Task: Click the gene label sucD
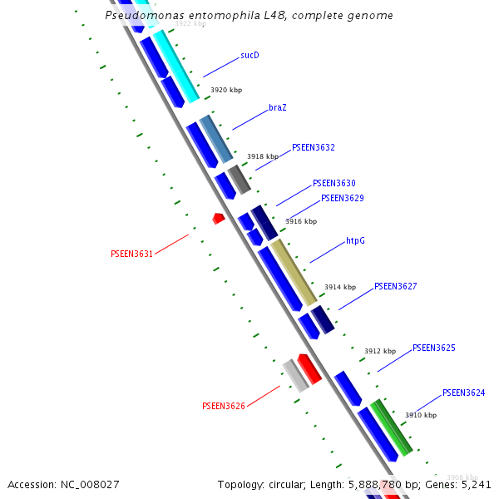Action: [249, 55]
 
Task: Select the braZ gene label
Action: [278, 108]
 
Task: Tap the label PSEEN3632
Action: [313, 147]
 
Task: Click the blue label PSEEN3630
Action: [333, 183]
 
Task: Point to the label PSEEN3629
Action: [342, 198]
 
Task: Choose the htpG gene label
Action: [355, 240]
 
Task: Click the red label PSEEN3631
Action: [131, 254]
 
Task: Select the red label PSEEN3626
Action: [223, 406]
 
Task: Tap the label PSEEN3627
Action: [395, 286]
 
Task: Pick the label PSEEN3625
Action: [433, 348]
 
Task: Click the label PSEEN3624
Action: [463, 393]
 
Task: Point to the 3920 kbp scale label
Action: [226, 90]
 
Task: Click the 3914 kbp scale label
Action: [340, 287]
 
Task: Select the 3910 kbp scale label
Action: [421, 415]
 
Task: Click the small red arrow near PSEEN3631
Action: [218, 218]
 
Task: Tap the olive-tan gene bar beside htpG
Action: [294, 271]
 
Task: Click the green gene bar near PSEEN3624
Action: [391, 427]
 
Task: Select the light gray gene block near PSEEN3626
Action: [294, 375]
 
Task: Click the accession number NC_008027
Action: [89, 484]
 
